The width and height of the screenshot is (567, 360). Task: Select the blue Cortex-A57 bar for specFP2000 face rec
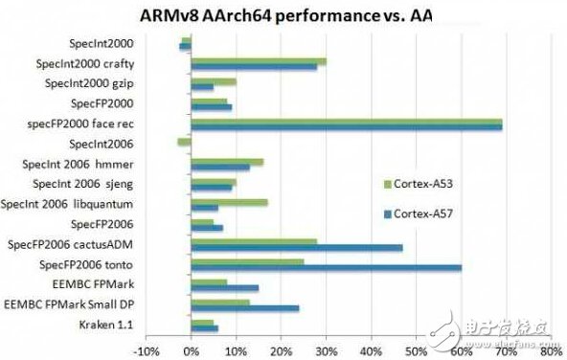pyautogui.click(x=347, y=127)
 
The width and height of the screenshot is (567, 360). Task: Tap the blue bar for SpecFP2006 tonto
pyautogui.click(x=326, y=267)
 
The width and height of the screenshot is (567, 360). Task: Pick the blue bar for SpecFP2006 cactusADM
pyautogui.click(x=297, y=247)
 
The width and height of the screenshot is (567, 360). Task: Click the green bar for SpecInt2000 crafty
pyautogui.click(x=259, y=61)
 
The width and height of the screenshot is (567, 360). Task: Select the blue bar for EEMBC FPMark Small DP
pyautogui.click(x=245, y=307)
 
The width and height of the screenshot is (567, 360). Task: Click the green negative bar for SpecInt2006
pyautogui.click(x=185, y=142)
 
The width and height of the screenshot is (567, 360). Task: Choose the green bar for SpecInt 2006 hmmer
pyautogui.click(x=227, y=162)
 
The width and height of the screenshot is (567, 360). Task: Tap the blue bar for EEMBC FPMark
pyautogui.click(x=225, y=287)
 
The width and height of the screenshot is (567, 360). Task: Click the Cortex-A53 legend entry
pyautogui.click(x=412, y=183)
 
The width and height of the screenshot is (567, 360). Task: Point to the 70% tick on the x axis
pyautogui.click(x=504, y=351)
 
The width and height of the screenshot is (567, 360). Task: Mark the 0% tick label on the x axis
pyautogui.click(x=192, y=351)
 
